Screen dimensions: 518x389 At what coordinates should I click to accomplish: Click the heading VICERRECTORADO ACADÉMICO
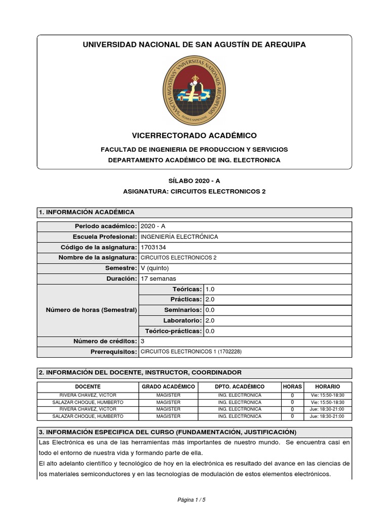tap(194, 136)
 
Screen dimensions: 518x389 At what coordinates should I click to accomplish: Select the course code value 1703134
tap(153, 247)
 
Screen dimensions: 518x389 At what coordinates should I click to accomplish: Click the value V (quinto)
tap(155, 268)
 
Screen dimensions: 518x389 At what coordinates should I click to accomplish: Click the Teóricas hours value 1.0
tap(210, 289)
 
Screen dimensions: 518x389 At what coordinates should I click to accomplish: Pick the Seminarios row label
tap(183, 310)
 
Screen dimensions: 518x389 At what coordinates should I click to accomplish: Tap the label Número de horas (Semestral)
tap(91, 310)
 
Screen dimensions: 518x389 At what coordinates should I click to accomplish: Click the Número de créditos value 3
tap(142, 341)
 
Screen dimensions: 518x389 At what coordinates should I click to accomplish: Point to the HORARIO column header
tap(327, 386)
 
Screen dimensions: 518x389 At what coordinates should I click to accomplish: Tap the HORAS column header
tap(292, 386)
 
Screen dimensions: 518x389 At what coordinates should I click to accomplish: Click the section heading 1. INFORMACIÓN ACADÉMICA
tap(87, 212)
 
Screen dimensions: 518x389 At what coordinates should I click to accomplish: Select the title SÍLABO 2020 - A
tap(194, 181)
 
